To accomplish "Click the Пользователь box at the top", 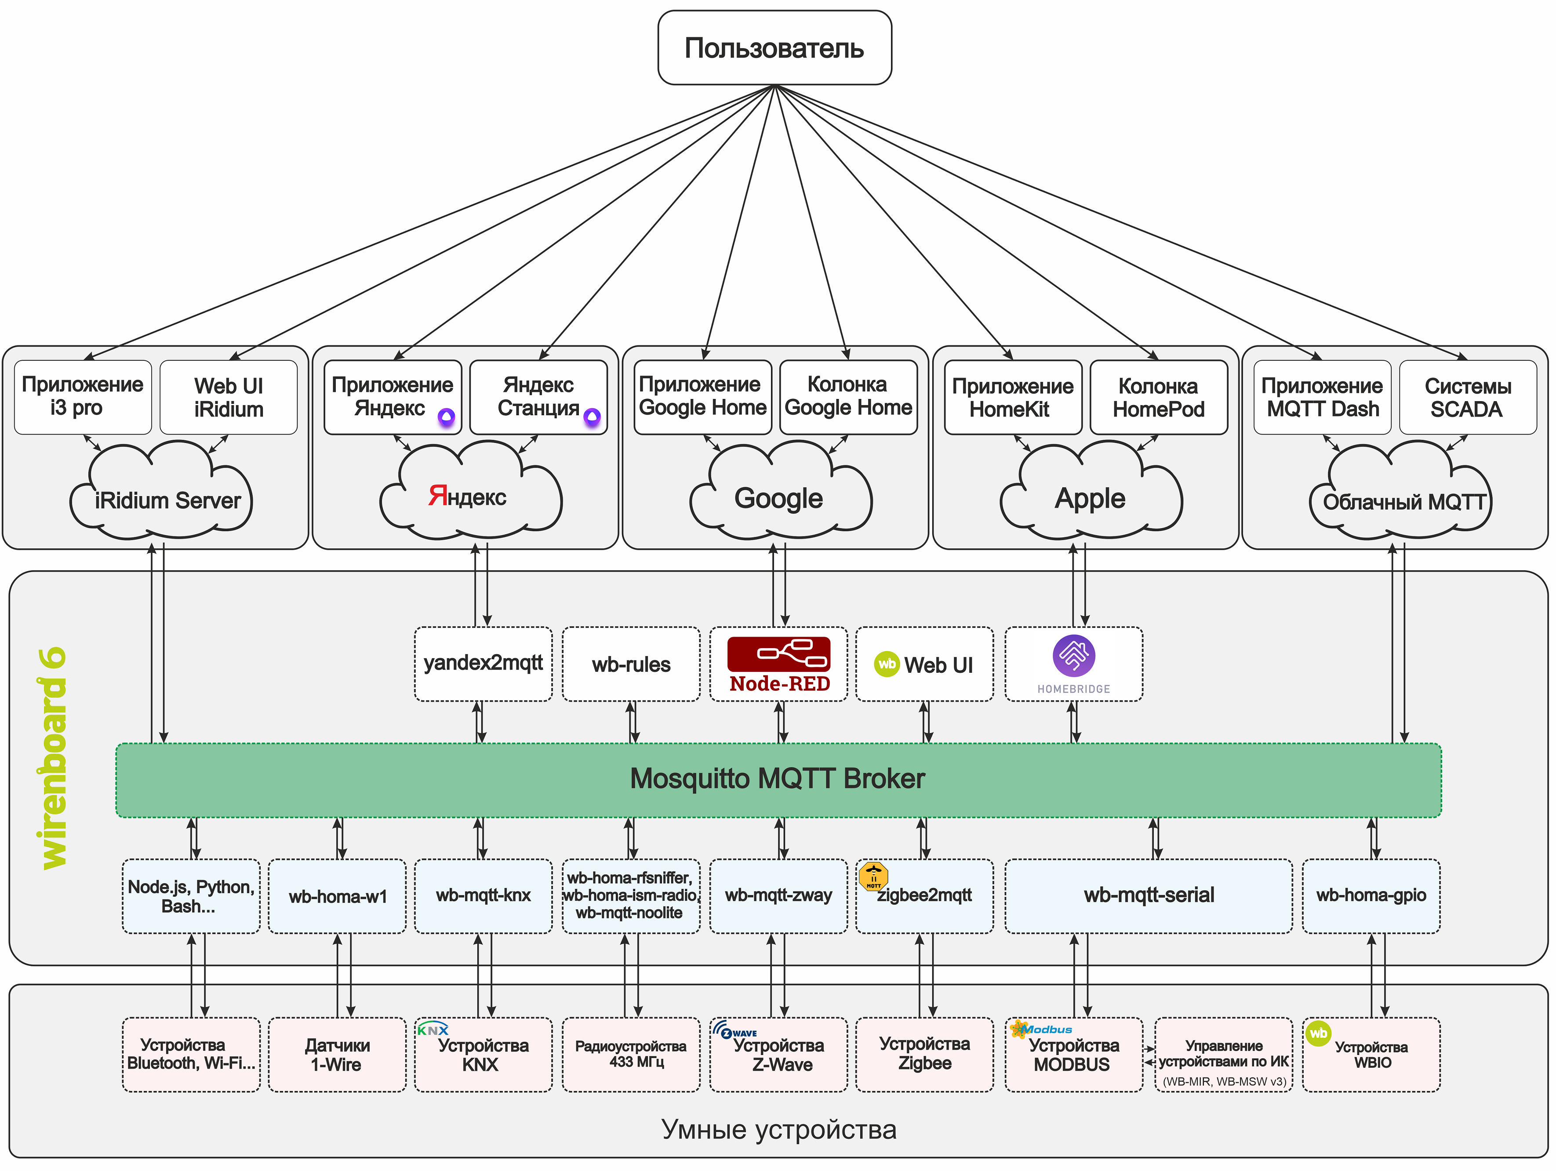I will point(774,48).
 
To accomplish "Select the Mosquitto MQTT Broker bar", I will point(777,779).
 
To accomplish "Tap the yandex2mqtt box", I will point(483,663).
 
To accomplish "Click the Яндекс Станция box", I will point(538,397).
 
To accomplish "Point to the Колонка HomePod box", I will point(1159,397).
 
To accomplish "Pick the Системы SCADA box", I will point(1467,397).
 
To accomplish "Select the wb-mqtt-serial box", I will point(1148,895).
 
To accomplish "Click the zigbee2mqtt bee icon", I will point(873,876).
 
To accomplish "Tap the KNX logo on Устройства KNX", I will point(432,1029).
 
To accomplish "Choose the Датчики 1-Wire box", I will point(337,1054).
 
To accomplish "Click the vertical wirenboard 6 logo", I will point(53,758).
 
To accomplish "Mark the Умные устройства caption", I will point(779,1130).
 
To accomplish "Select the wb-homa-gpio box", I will point(1371,895).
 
